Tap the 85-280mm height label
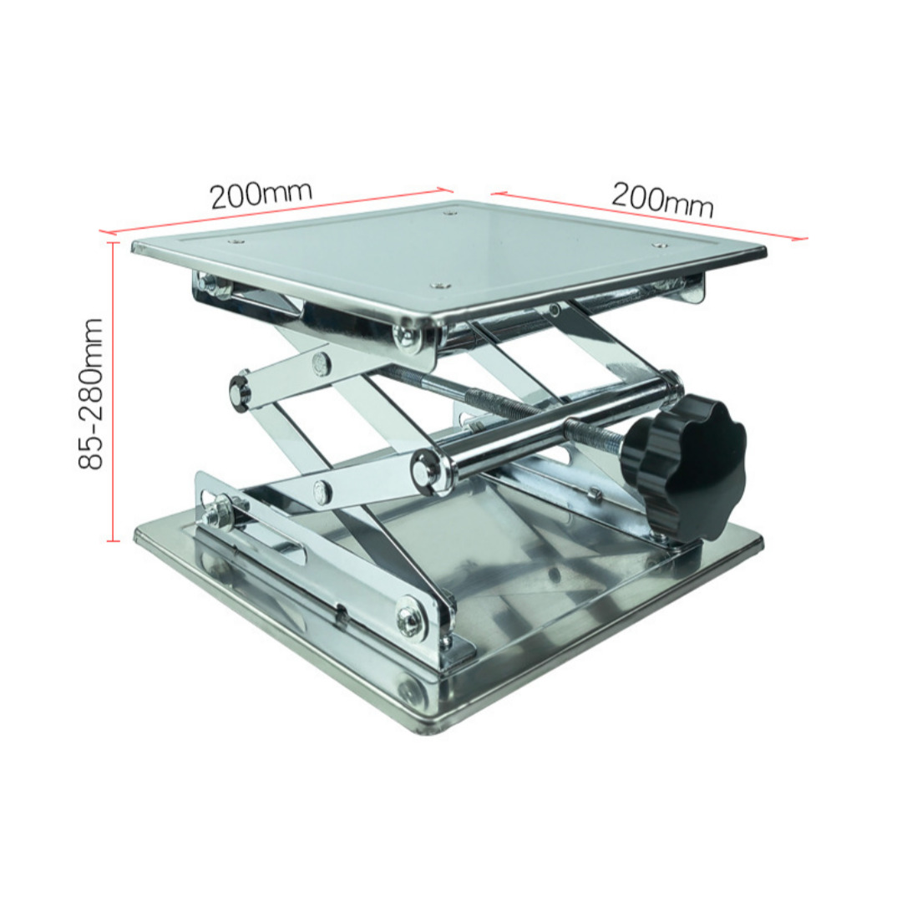(x=91, y=393)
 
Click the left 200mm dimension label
(x=261, y=195)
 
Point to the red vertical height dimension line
(x=114, y=392)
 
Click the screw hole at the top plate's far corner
(x=448, y=214)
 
